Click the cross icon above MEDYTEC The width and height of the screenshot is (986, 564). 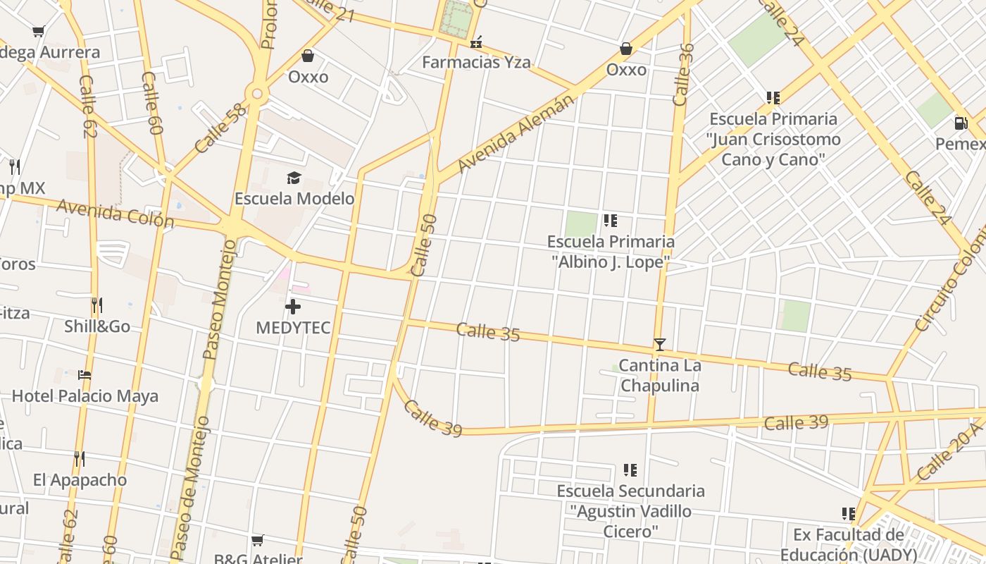pyautogui.click(x=293, y=307)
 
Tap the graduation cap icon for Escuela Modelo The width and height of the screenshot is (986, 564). pyautogui.click(x=294, y=178)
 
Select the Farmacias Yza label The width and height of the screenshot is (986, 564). pyautogui.click(x=476, y=62)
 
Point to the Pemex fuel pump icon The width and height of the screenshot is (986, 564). pyautogui.click(x=961, y=123)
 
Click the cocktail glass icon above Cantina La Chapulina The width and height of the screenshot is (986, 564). pyautogui.click(x=660, y=345)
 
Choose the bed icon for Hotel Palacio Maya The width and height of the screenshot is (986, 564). pyautogui.click(x=85, y=375)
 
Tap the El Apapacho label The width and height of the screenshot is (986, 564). pyautogui.click(x=80, y=480)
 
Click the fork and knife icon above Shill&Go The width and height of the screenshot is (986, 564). pyautogui.click(x=97, y=306)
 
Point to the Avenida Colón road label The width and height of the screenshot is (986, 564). pyautogui.click(x=115, y=213)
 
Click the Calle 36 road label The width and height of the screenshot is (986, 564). pyautogui.click(x=683, y=75)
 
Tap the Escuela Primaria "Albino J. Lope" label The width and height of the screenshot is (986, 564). pyautogui.click(x=611, y=252)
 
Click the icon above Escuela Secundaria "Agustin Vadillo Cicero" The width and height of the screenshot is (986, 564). pyautogui.click(x=630, y=470)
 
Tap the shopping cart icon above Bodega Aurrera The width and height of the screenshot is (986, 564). pyautogui.click(x=39, y=31)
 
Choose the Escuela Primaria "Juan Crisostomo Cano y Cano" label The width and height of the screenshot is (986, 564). pyautogui.click(x=773, y=139)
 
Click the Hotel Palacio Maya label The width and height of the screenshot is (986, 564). pyautogui.click(x=85, y=396)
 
